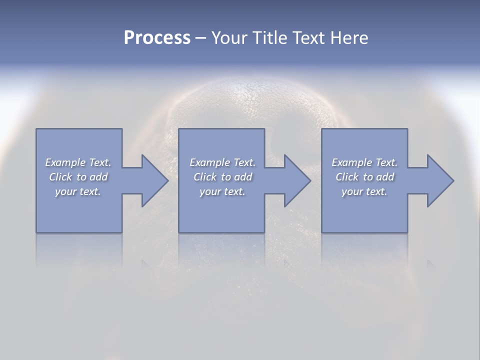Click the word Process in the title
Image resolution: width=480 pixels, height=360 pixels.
click(x=157, y=38)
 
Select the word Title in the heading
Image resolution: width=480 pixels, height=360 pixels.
click(x=269, y=38)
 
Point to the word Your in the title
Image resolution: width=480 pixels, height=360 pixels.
click(x=230, y=38)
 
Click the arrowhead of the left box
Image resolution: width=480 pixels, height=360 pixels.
click(x=153, y=180)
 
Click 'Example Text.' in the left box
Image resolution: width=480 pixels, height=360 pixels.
click(x=78, y=162)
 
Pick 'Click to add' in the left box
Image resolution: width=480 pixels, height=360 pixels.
click(x=78, y=177)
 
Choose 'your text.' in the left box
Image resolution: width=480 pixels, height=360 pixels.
click(x=78, y=191)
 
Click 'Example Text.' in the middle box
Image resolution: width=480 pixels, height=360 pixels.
click(x=222, y=162)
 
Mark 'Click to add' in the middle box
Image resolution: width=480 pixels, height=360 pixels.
click(x=222, y=177)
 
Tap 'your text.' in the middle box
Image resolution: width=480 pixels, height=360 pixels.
click(x=222, y=191)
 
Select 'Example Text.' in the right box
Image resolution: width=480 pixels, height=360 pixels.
click(x=364, y=162)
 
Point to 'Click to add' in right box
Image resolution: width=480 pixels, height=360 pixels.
click(x=364, y=177)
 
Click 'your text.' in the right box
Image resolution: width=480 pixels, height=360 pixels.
click(x=364, y=191)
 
